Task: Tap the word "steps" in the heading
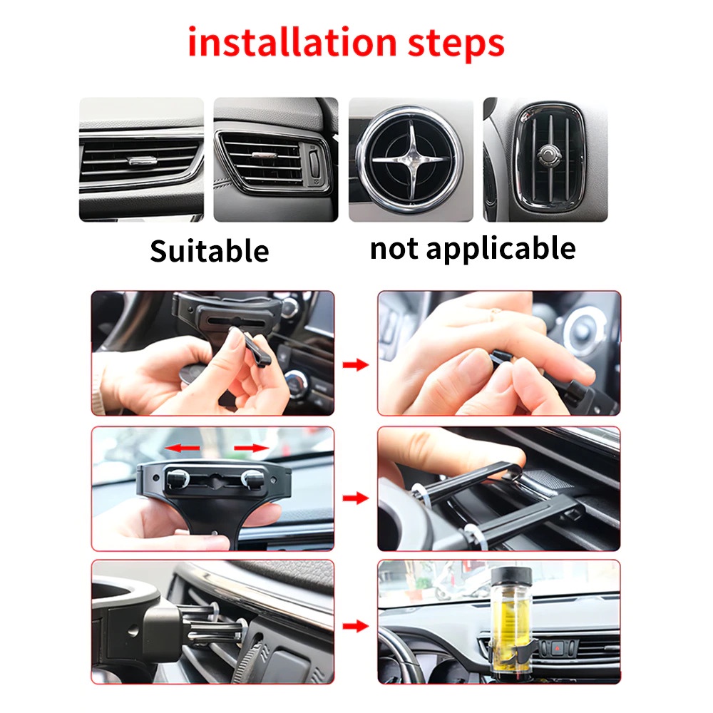(456, 44)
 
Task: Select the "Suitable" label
(210, 250)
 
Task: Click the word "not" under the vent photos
(394, 249)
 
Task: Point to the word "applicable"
(501, 249)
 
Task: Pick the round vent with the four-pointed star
(411, 159)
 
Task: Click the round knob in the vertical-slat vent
(549, 155)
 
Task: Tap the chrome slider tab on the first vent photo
(142, 160)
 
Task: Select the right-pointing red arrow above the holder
(251, 448)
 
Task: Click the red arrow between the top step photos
(356, 364)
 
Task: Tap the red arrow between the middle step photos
(356, 498)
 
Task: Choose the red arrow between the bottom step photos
(356, 626)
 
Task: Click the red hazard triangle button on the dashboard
(557, 647)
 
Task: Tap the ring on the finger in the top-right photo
(495, 312)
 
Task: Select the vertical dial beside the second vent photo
(314, 163)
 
